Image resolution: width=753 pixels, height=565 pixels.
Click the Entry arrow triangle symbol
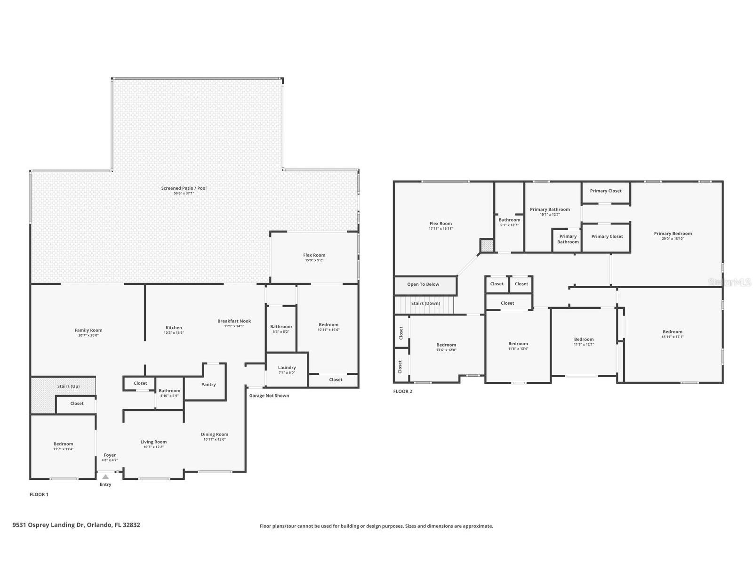click(x=105, y=477)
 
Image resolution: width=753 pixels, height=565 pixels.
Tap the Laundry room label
click(x=287, y=367)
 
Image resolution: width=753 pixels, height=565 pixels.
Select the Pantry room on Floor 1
click(x=208, y=384)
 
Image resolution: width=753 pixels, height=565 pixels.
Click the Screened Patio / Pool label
click(x=184, y=188)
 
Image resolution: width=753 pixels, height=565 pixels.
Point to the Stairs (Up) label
click(x=69, y=386)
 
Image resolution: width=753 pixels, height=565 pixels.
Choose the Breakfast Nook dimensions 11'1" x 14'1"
click(x=234, y=326)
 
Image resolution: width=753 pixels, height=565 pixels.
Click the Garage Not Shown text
click(x=269, y=395)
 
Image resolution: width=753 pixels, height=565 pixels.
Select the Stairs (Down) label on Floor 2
click(x=425, y=303)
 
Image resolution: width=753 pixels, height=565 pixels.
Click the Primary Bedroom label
click(x=673, y=234)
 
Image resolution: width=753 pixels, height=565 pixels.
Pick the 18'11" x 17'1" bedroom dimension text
click(x=673, y=337)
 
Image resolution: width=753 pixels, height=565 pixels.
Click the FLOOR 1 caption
click(x=39, y=494)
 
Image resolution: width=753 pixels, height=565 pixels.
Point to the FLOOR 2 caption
click(x=402, y=391)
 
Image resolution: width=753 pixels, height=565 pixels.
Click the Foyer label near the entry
click(x=110, y=455)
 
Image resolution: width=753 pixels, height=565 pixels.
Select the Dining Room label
click(x=215, y=434)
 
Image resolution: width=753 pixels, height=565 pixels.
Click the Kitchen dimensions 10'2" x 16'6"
click(x=174, y=332)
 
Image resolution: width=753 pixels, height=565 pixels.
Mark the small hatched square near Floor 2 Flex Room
click(x=487, y=245)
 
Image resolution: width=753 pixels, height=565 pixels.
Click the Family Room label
click(x=88, y=330)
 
